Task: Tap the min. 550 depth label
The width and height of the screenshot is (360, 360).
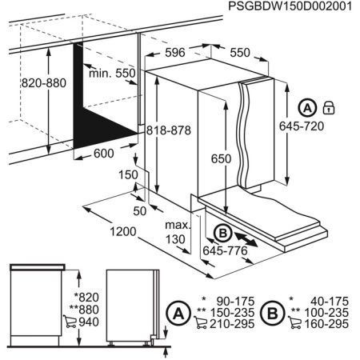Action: [112, 73]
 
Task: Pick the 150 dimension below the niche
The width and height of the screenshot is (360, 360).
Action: [129, 174]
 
